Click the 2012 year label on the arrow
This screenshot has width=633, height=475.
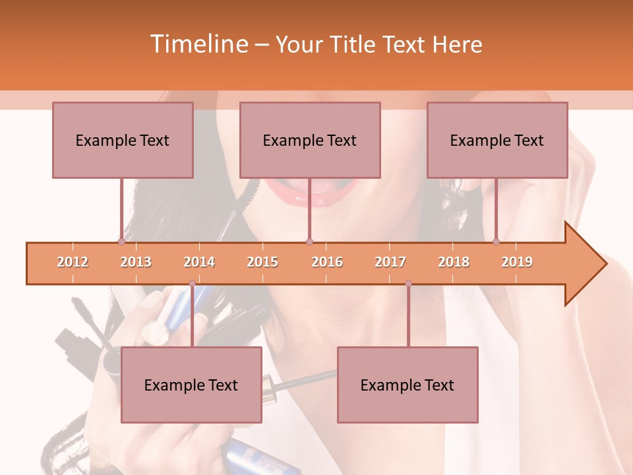coord(73,262)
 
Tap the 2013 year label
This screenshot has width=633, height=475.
coord(136,262)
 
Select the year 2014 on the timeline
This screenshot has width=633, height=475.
coord(199,262)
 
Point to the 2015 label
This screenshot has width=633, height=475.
coord(262,262)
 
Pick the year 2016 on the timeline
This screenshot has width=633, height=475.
coord(327,262)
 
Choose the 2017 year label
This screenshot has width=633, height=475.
coord(390,262)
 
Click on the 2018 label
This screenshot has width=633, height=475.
coord(454,262)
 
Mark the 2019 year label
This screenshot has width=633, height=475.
coord(517,262)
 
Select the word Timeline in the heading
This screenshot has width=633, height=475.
coord(198,44)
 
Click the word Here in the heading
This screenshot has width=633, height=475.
coord(457,44)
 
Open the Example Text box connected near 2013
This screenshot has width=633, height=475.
coord(123,140)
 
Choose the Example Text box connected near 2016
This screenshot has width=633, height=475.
coord(310,140)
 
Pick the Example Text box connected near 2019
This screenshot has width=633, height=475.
coord(497,140)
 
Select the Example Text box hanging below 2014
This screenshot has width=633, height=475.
coord(191,385)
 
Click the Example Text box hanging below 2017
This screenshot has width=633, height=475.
coord(407,385)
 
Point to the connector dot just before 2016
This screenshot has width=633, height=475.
coord(309,241)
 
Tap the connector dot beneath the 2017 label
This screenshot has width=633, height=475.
coord(408,284)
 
